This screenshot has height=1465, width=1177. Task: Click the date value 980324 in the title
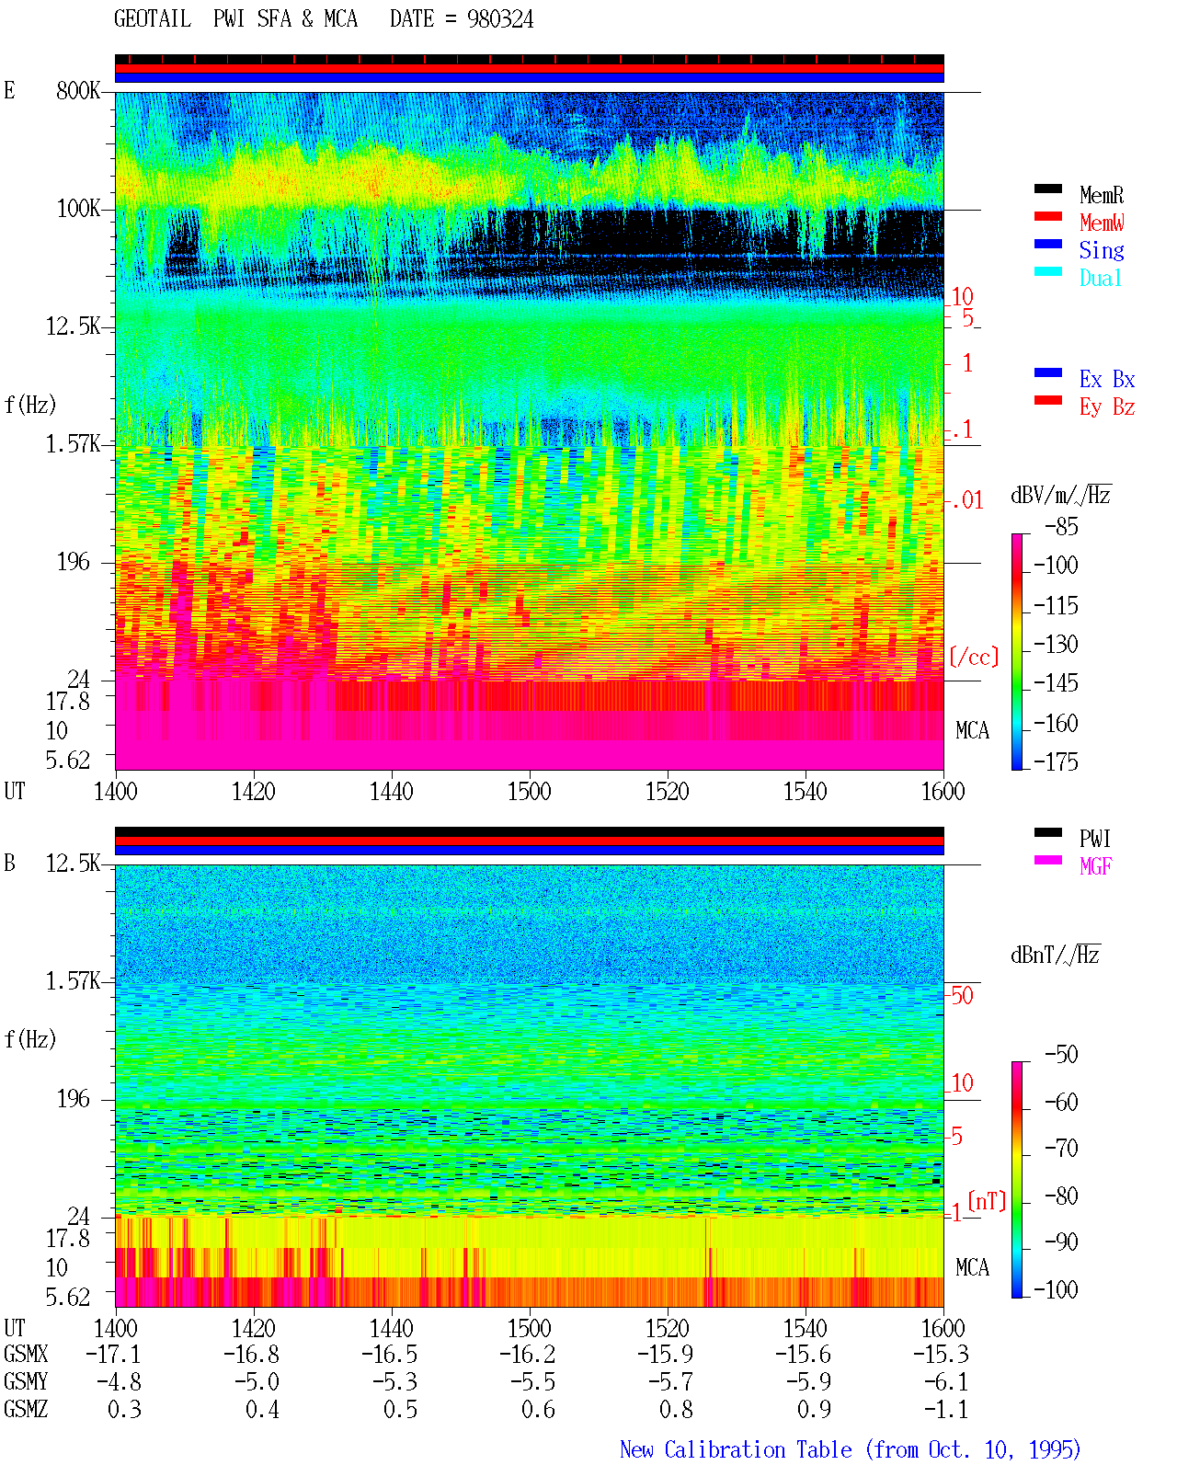coord(499,19)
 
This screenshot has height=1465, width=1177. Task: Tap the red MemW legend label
coord(1102,223)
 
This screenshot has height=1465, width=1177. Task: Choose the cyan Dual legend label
coord(1101,278)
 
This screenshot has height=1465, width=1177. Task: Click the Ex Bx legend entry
coord(1107,379)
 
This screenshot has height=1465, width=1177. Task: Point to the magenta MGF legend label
coord(1096,866)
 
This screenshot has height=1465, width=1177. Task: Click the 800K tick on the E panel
coord(77,90)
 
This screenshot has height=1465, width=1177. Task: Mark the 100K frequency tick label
coord(77,209)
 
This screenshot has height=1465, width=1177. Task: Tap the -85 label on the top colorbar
coord(1061,526)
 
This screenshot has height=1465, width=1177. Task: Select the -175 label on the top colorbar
coord(1056,761)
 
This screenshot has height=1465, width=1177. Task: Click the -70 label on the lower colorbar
coord(1061,1149)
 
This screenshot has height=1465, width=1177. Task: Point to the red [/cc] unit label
coord(974,657)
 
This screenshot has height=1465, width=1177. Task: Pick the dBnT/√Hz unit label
coord(1056,955)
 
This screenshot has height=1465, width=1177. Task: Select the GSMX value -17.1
coord(114,1354)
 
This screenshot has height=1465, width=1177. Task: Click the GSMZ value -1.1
coord(946,1409)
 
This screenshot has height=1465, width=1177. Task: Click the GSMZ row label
coord(26,1409)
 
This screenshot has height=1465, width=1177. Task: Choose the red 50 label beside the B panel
coord(962,995)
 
